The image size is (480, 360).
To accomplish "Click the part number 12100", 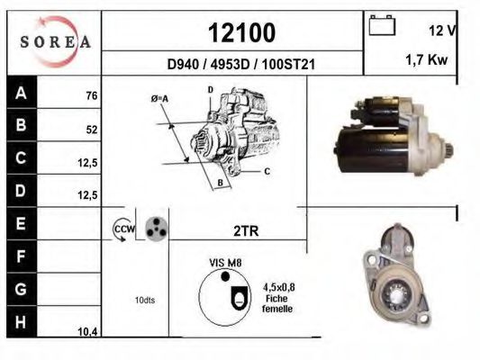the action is (x=242, y=32).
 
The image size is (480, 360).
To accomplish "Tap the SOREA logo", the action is (x=56, y=41).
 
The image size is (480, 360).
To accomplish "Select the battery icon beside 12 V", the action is (x=382, y=25).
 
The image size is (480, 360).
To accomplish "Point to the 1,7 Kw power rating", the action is (x=427, y=59).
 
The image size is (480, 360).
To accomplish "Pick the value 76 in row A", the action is (x=92, y=95).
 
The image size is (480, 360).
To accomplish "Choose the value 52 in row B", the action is (x=92, y=130).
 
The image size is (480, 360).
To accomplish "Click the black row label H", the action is (x=21, y=322).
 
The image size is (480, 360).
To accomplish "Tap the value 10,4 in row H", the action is (x=87, y=331).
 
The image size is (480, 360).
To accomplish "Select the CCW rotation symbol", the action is (x=123, y=229).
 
